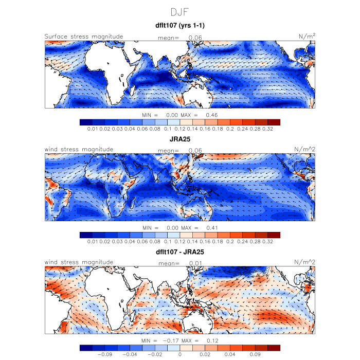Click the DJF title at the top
180,11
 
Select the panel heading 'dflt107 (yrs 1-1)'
180,25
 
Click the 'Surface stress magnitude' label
84,37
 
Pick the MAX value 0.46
213,115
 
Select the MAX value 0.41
213,228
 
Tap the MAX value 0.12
213,341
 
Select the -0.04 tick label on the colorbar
131,354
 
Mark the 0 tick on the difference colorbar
180,354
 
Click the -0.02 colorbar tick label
155,354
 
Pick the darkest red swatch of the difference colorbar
274,348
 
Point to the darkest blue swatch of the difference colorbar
86,348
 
